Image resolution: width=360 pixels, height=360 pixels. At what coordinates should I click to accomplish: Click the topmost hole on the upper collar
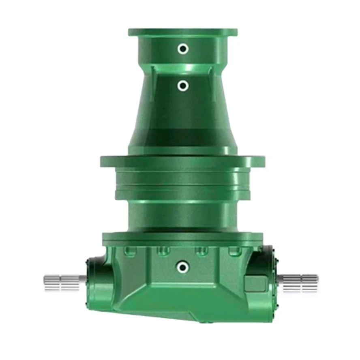183,49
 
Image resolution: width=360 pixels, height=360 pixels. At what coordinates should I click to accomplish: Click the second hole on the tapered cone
183,86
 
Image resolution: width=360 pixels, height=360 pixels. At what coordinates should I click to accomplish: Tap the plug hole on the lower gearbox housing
182,266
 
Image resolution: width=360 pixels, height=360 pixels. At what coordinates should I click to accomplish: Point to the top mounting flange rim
183,32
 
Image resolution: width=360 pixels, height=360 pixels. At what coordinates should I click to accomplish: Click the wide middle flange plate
183,161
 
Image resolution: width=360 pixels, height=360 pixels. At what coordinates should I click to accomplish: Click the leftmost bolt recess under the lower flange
129,250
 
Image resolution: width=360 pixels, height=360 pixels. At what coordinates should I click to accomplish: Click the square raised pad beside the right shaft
255,282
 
